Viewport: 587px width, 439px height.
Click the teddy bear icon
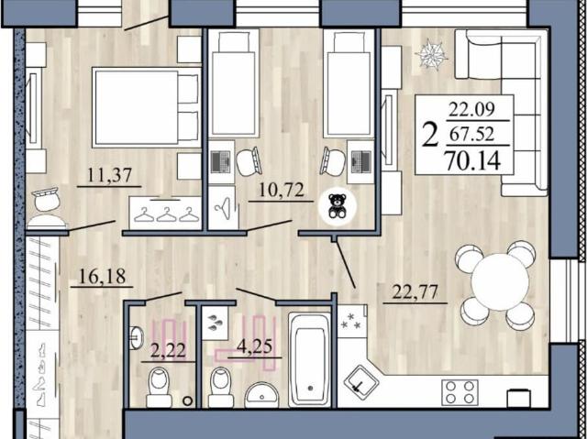337,205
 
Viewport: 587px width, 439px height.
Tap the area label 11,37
109,175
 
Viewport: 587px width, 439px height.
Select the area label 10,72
282,191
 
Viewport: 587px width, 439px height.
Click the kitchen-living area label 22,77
415,292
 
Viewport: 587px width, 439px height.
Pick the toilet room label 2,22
168,351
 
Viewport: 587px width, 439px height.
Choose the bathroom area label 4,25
255,347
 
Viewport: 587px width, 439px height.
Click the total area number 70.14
473,161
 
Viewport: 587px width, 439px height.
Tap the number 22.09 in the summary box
471,109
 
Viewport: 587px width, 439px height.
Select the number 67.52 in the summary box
471,134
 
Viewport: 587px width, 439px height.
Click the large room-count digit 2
430,136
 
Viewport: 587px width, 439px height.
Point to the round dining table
500,282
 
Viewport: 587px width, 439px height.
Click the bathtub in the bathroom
310,359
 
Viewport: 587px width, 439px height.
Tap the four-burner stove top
460,392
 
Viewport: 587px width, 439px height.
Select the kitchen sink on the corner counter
360,382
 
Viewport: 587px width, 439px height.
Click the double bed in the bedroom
146,107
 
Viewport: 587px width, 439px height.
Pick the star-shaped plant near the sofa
431,55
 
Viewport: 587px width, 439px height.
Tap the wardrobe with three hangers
166,213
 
